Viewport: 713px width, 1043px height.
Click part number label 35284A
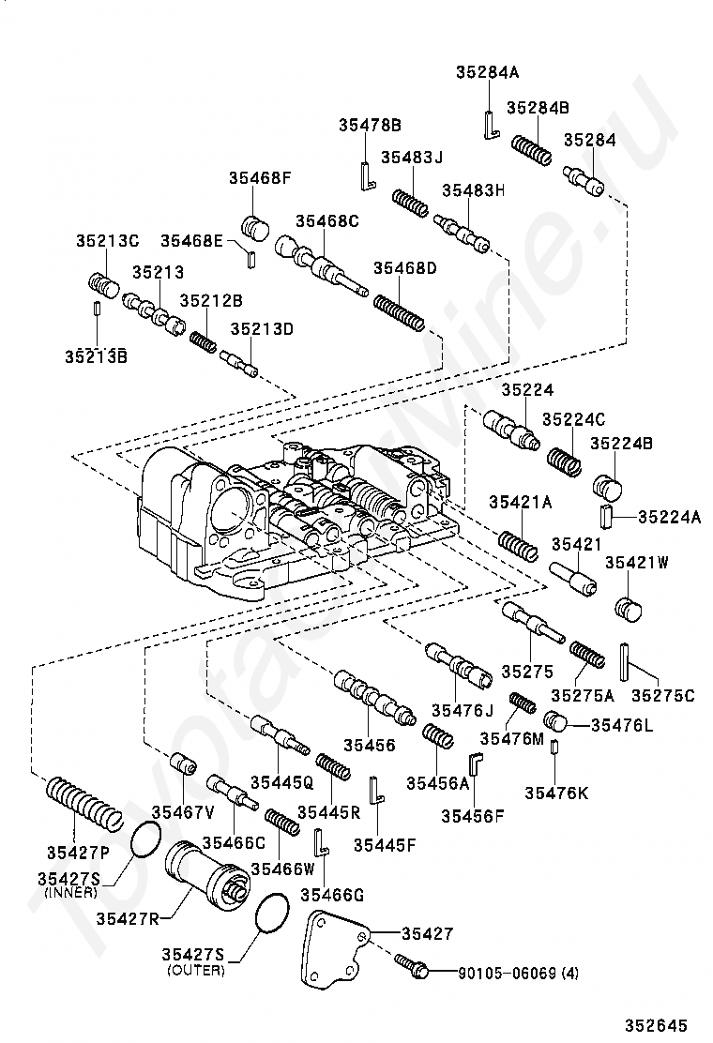[488, 72]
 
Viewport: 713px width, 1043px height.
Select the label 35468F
[261, 177]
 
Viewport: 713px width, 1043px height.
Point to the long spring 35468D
[399, 313]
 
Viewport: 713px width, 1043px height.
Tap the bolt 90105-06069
[410, 963]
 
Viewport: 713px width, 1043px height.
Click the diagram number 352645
[656, 1025]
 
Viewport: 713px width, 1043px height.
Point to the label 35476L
[622, 725]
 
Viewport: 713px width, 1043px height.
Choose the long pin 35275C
[625, 661]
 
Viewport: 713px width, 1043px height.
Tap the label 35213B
[97, 355]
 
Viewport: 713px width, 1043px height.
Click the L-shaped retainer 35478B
[367, 175]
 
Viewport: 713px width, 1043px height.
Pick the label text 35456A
[438, 783]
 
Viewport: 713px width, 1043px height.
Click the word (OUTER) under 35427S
[195, 971]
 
